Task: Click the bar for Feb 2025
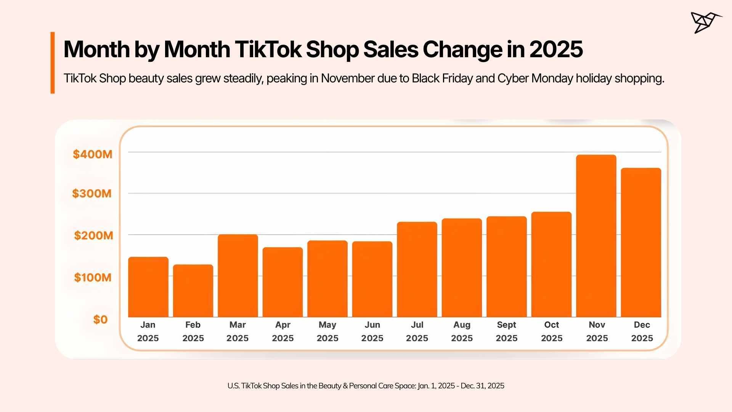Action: [193, 291]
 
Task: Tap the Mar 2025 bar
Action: [238, 275]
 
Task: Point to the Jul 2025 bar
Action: [417, 269]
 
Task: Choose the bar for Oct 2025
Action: [551, 264]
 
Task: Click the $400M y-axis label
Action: [93, 154]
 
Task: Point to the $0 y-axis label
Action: [100, 319]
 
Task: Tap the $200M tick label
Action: [93, 235]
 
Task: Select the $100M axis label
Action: [93, 277]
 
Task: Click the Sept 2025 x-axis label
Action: [506, 331]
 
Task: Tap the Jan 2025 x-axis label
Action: [148, 331]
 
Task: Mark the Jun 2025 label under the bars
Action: [372, 331]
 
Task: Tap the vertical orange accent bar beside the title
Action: [53, 63]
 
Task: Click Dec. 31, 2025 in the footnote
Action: [482, 386]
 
